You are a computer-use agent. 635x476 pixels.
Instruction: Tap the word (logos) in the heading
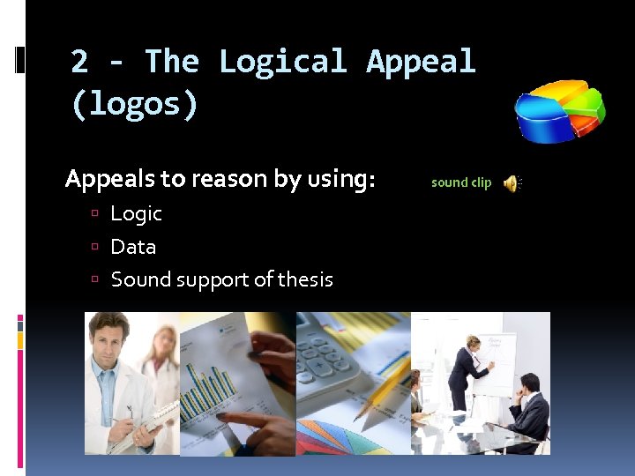(x=135, y=104)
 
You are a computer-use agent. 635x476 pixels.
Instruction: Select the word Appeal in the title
(x=421, y=62)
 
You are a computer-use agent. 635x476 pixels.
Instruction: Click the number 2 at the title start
(x=79, y=62)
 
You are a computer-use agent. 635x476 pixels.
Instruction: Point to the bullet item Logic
(x=136, y=213)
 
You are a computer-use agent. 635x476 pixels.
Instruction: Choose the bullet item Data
(x=133, y=247)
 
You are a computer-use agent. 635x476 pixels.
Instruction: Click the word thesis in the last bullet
(x=305, y=279)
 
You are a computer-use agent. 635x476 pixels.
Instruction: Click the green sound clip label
(x=461, y=182)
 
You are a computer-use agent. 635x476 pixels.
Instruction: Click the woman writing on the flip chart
(x=466, y=375)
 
